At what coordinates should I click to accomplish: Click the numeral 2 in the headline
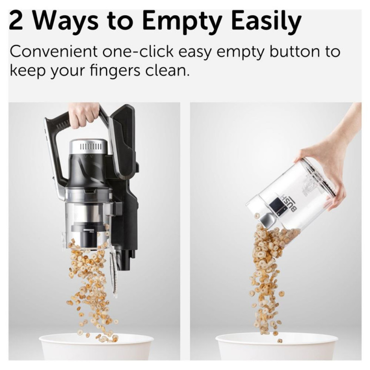pos(16,21)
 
